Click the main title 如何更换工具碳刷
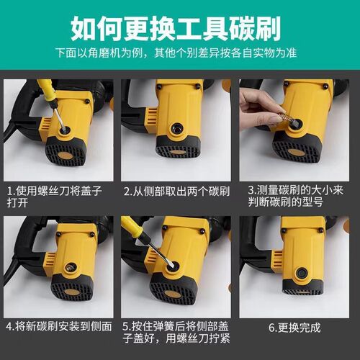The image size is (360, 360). click(176, 28)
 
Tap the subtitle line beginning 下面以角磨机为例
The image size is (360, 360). click(176, 53)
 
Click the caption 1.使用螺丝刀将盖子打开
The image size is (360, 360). click(55, 197)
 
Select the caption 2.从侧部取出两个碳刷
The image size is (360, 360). click(177, 192)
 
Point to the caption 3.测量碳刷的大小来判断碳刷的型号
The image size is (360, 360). click(295, 196)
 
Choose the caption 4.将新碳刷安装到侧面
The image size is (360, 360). click(59, 326)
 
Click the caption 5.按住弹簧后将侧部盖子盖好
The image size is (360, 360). click(176, 333)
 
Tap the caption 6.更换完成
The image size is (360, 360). click(294, 328)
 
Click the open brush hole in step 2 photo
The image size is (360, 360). click(177, 129)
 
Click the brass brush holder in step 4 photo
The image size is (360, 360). click(71, 266)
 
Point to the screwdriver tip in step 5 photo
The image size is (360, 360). click(171, 265)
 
